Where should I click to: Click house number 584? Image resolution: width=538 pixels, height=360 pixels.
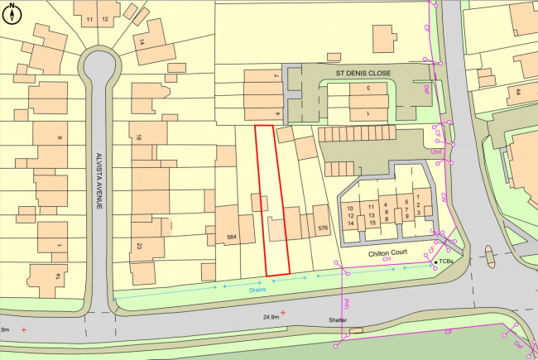click(x=233, y=238)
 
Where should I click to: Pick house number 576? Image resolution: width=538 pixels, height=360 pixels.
click(x=323, y=227)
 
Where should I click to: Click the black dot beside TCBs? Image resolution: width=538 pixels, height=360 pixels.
click(x=437, y=262)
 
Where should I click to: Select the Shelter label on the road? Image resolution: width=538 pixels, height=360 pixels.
click(x=335, y=320)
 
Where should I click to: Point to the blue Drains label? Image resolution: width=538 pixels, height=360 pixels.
click(x=255, y=290)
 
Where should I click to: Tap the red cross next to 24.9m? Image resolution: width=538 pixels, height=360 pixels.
click(x=284, y=313)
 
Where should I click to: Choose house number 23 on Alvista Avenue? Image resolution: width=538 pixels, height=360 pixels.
click(x=139, y=245)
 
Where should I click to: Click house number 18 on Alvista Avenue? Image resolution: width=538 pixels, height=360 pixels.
click(x=139, y=137)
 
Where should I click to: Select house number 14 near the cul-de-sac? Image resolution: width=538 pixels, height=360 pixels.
click(x=142, y=42)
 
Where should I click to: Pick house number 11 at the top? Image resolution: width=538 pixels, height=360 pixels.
click(x=89, y=18)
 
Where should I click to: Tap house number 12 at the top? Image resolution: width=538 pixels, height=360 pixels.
click(x=105, y=18)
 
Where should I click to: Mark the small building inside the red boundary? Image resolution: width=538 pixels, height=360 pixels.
click(x=260, y=202)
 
